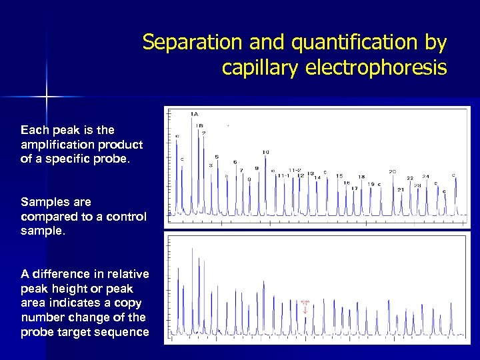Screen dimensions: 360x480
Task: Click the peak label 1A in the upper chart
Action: [194, 114]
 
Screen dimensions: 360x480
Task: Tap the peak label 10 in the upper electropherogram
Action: [266, 153]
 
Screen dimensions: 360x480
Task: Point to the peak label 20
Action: [393, 172]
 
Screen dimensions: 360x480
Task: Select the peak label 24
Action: [425, 177]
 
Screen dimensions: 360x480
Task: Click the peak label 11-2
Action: [295, 170]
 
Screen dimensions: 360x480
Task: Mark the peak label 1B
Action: [199, 125]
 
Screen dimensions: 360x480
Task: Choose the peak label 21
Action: [401, 189]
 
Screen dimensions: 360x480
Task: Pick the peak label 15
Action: [339, 176]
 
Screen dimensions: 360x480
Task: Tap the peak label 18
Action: [361, 177]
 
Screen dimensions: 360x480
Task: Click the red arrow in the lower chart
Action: [305, 309]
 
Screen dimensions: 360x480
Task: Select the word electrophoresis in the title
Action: [377, 68]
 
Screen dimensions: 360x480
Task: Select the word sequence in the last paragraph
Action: [123, 332]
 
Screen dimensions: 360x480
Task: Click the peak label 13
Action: [311, 175]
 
